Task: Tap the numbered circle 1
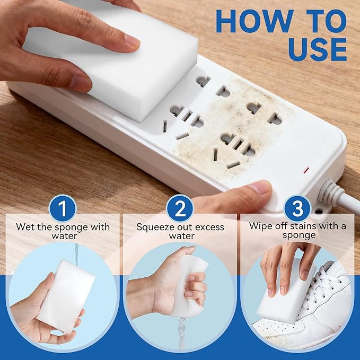63,209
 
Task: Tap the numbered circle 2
180,209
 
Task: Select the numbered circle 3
297,209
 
